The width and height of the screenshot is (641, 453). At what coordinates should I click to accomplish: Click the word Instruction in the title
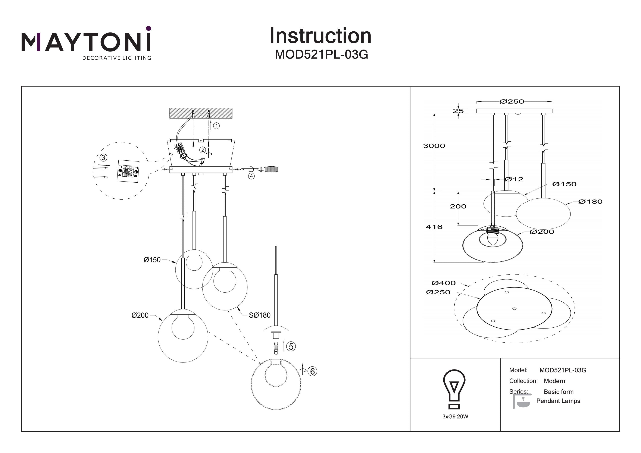(x=320, y=36)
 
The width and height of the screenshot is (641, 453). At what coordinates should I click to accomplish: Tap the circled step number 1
(x=216, y=126)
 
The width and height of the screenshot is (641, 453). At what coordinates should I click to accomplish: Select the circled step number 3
(x=103, y=158)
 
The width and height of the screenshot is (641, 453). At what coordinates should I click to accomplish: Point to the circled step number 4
(x=251, y=176)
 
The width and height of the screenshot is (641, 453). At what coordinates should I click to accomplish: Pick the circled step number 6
(x=312, y=371)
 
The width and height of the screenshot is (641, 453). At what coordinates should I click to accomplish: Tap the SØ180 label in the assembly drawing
(x=259, y=315)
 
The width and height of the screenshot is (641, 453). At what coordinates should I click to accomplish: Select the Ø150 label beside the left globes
(x=152, y=260)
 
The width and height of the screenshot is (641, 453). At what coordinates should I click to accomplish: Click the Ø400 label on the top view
(x=443, y=283)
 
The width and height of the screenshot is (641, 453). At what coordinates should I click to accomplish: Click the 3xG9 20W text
(x=455, y=417)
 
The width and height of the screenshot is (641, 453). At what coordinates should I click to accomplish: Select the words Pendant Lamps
(x=558, y=401)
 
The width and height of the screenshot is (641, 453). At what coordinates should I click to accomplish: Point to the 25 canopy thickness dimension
(x=458, y=111)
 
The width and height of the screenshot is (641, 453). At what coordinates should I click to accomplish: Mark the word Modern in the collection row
(x=554, y=381)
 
